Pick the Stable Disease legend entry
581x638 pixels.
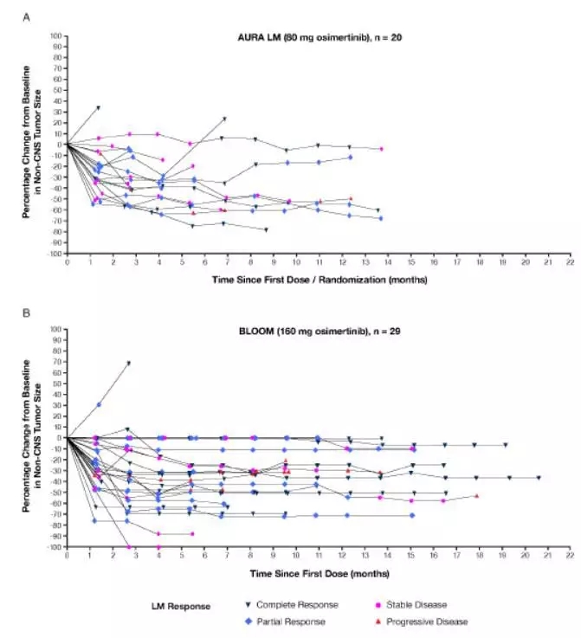(416, 604)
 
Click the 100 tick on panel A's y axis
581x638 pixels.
(54, 36)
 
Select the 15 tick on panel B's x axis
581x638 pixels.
(412, 554)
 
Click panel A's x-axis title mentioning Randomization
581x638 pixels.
(320, 280)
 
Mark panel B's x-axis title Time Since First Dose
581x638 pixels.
(320, 573)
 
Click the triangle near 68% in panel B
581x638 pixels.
(128, 364)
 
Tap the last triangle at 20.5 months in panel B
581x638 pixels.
(538, 478)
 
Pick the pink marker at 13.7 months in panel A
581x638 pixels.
(381, 149)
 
